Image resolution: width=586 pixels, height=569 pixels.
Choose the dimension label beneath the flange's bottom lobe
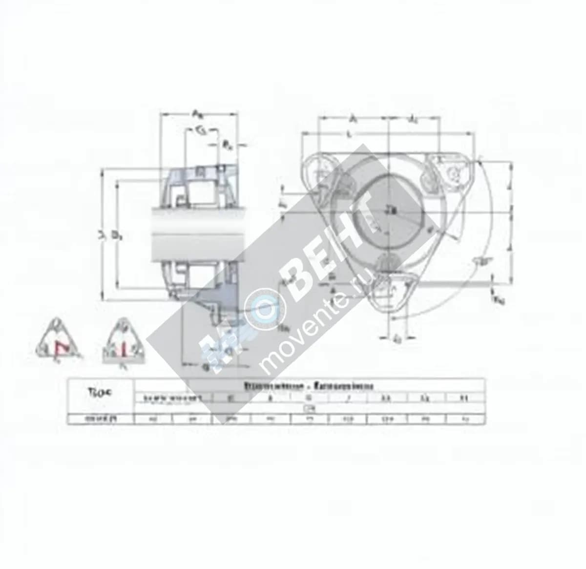(x=398, y=338)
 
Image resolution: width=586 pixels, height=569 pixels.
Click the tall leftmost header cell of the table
(x=100, y=395)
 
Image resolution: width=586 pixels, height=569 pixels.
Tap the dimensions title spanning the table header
(x=308, y=385)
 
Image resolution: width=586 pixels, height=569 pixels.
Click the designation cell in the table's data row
(x=100, y=419)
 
